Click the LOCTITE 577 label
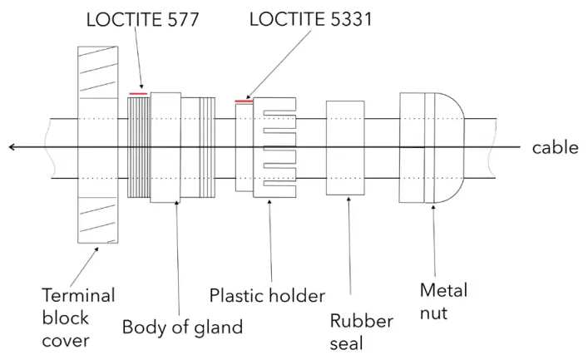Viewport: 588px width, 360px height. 142,18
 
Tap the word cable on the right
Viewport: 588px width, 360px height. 555,148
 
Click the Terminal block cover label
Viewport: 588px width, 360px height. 78,317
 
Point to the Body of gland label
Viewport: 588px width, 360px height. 182,327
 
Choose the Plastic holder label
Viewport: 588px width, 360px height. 267,295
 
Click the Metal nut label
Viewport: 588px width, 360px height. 444,302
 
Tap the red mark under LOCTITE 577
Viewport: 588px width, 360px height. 139,94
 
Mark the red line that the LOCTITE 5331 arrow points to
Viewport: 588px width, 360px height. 244,101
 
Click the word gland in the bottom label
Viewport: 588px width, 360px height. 220,327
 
